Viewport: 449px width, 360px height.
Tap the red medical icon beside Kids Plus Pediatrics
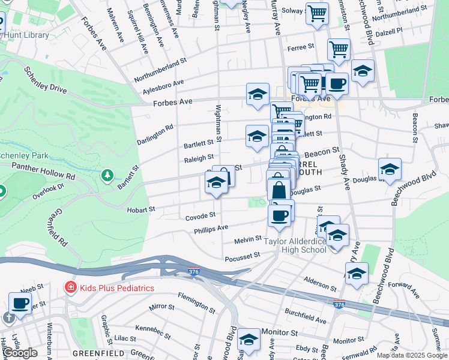pyautogui.click(x=70, y=288)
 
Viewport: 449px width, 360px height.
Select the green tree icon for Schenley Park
pyautogui.click(x=107, y=175)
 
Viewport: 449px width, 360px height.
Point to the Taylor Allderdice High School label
pyautogui.click(x=297, y=245)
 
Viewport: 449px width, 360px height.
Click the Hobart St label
pyautogui.click(x=141, y=209)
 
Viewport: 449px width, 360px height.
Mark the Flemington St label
pyautogui.click(x=197, y=303)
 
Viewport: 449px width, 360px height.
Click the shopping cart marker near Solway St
pyautogui.click(x=317, y=13)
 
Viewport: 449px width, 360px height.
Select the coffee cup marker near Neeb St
pyautogui.click(x=20, y=303)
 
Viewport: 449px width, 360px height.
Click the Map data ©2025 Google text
pyautogui.click(x=412, y=355)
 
